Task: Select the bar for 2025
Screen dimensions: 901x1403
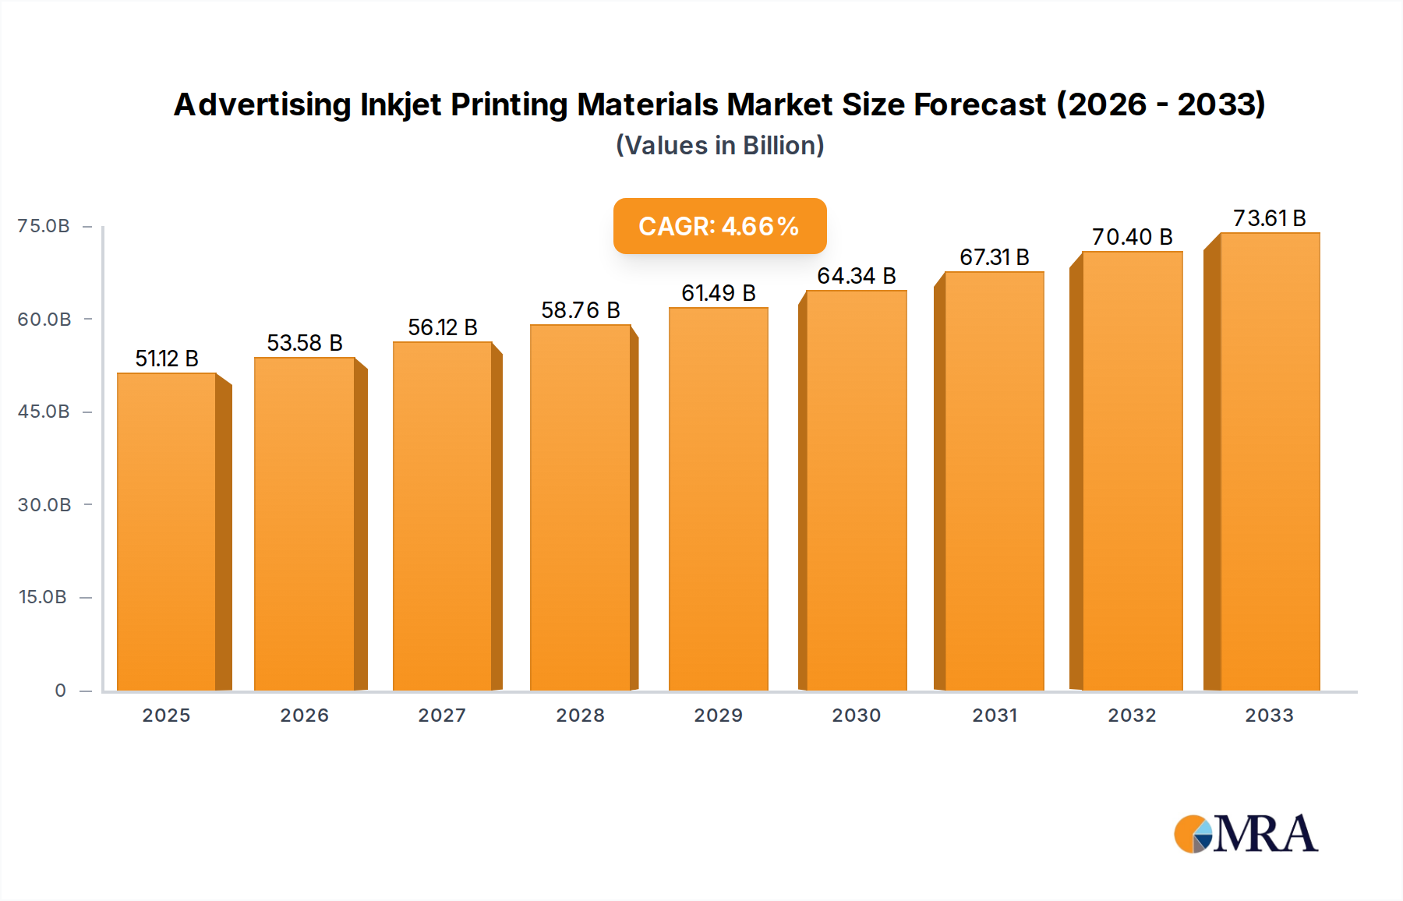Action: point(167,532)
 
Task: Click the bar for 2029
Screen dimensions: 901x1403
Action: point(718,499)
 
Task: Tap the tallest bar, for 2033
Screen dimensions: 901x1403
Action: point(1269,461)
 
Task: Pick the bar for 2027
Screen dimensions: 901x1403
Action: point(442,516)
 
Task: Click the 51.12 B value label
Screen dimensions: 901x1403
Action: point(167,359)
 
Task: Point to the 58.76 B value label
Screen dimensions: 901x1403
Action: point(580,310)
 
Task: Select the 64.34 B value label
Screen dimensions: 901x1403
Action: point(856,276)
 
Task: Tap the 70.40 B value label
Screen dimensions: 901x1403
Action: point(1132,237)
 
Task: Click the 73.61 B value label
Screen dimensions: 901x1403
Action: point(1269,218)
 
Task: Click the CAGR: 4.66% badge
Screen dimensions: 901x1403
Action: point(719,226)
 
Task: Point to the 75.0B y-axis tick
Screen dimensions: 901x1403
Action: point(44,226)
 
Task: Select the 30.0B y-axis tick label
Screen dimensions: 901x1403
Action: point(44,505)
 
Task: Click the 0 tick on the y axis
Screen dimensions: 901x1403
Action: point(60,691)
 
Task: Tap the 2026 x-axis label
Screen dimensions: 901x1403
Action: point(304,715)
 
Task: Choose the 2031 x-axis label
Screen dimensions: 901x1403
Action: point(995,715)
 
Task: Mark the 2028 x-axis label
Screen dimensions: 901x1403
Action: point(580,715)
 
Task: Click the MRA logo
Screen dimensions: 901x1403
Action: point(1246,834)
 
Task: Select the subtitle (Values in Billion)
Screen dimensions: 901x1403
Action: point(719,146)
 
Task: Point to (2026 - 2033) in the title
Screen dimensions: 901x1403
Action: point(1161,104)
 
